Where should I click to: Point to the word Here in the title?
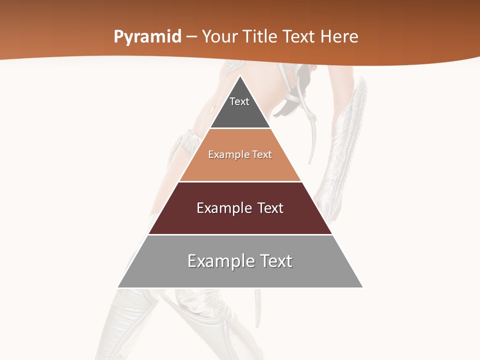(339, 36)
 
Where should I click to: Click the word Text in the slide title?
(299, 36)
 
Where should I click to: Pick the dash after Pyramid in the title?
(191, 37)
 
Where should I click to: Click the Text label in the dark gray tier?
(239, 101)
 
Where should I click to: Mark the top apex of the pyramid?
(240, 76)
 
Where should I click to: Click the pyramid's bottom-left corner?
(118, 287)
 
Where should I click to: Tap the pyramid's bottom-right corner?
(362, 287)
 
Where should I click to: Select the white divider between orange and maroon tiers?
(240, 181)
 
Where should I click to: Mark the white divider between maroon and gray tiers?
(240, 234)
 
